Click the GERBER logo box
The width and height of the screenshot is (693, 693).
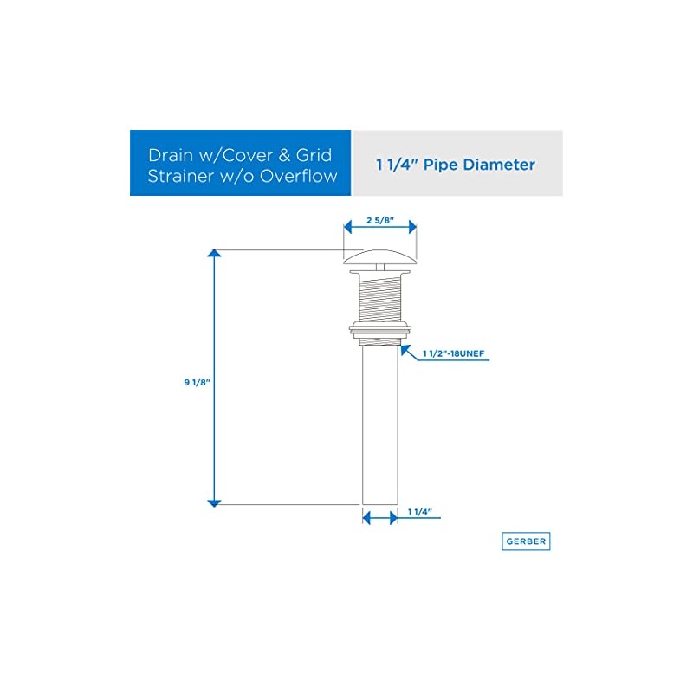[526, 541]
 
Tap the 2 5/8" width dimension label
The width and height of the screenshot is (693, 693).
[380, 220]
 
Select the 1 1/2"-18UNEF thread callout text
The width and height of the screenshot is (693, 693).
[457, 353]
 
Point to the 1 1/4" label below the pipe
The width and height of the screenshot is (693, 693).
[419, 512]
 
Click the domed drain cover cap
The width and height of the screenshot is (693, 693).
[380, 256]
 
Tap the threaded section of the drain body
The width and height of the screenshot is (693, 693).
[380, 296]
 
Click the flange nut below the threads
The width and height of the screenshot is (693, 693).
[380, 330]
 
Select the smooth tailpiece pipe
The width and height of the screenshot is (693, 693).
[379, 424]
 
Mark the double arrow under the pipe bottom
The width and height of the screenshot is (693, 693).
[379, 518]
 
